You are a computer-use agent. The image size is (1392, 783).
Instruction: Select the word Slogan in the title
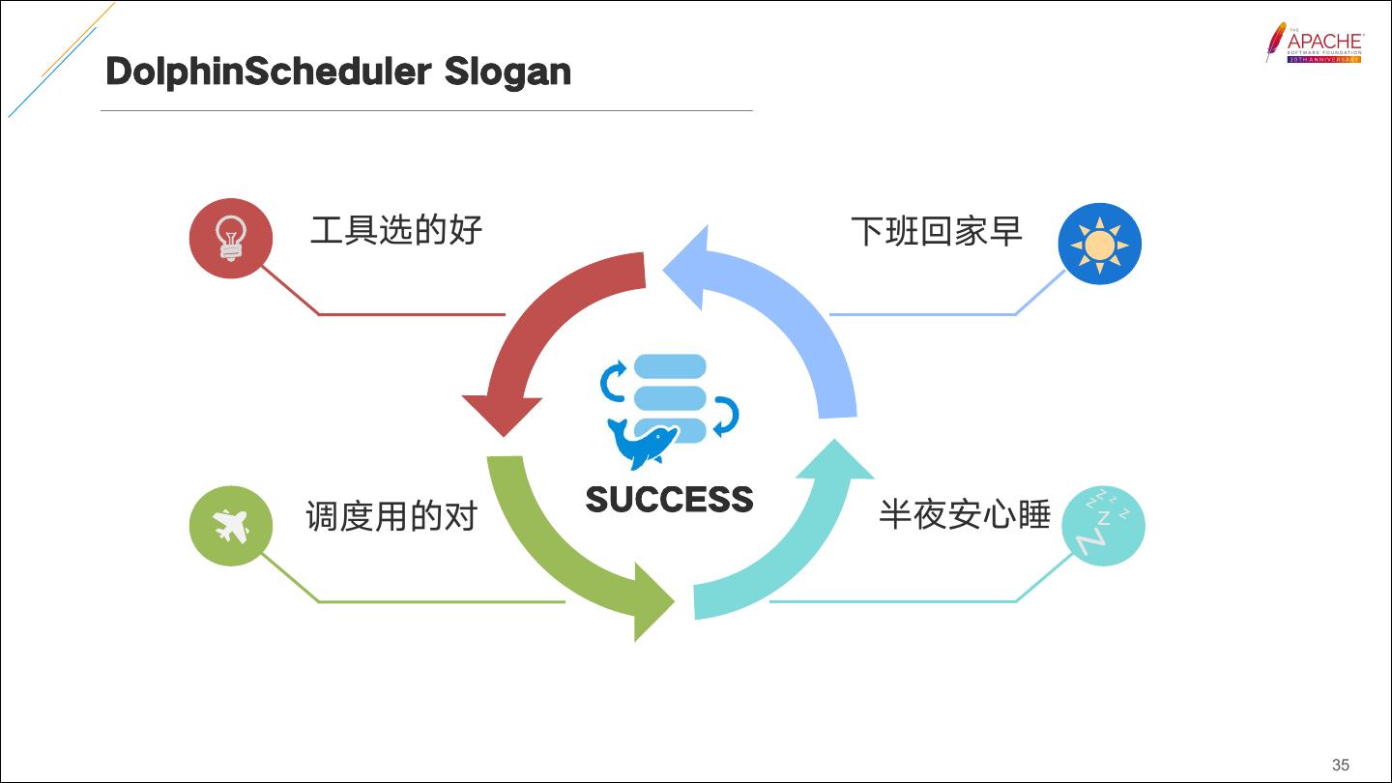point(507,72)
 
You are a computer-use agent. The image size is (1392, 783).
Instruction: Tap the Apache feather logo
point(1276,42)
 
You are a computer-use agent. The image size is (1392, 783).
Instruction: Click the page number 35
point(1340,765)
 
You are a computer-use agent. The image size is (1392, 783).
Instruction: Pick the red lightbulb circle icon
point(230,239)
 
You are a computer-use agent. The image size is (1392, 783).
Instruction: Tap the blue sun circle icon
point(1100,244)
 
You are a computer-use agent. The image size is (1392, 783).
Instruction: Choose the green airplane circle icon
point(231,526)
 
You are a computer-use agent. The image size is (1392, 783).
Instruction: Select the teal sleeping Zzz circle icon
point(1103,526)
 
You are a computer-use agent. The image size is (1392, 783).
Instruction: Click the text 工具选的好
point(396,230)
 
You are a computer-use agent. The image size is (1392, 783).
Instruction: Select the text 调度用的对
point(392,516)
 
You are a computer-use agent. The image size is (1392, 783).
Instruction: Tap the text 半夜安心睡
point(965,514)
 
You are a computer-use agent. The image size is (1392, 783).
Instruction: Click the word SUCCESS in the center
point(669,500)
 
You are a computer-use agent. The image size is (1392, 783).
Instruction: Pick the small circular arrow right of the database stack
point(726,416)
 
